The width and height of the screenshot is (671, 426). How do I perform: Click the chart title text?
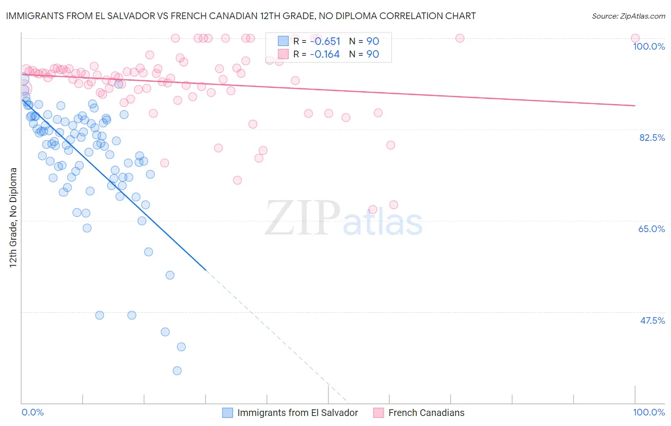(x=241, y=16)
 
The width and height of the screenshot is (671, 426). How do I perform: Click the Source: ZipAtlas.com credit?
(x=628, y=16)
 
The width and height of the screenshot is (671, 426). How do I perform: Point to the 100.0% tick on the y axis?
(x=649, y=46)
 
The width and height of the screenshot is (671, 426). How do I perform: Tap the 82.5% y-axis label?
(x=652, y=138)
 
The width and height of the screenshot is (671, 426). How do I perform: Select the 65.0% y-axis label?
(x=651, y=229)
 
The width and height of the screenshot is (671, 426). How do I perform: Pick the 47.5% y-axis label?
(x=652, y=320)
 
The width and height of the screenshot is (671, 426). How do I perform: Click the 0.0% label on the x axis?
(x=33, y=412)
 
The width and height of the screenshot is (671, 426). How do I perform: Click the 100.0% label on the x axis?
(x=649, y=412)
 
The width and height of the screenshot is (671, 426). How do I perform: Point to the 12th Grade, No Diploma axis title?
(x=13, y=217)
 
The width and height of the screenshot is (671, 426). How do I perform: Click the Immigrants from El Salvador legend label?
(x=297, y=413)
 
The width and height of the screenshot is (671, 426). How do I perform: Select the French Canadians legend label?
(x=426, y=413)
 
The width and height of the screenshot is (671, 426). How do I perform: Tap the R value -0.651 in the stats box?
(x=325, y=41)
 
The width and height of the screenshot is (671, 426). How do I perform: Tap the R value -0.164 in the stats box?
(x=325, y=54)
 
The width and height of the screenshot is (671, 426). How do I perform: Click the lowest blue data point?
(x=177, y=371)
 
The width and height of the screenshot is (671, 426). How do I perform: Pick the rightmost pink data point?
(x=635, y=38)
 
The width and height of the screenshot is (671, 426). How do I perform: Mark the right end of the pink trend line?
(x=635, y=106)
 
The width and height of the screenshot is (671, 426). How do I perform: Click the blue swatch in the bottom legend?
(x=228, y=413)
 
